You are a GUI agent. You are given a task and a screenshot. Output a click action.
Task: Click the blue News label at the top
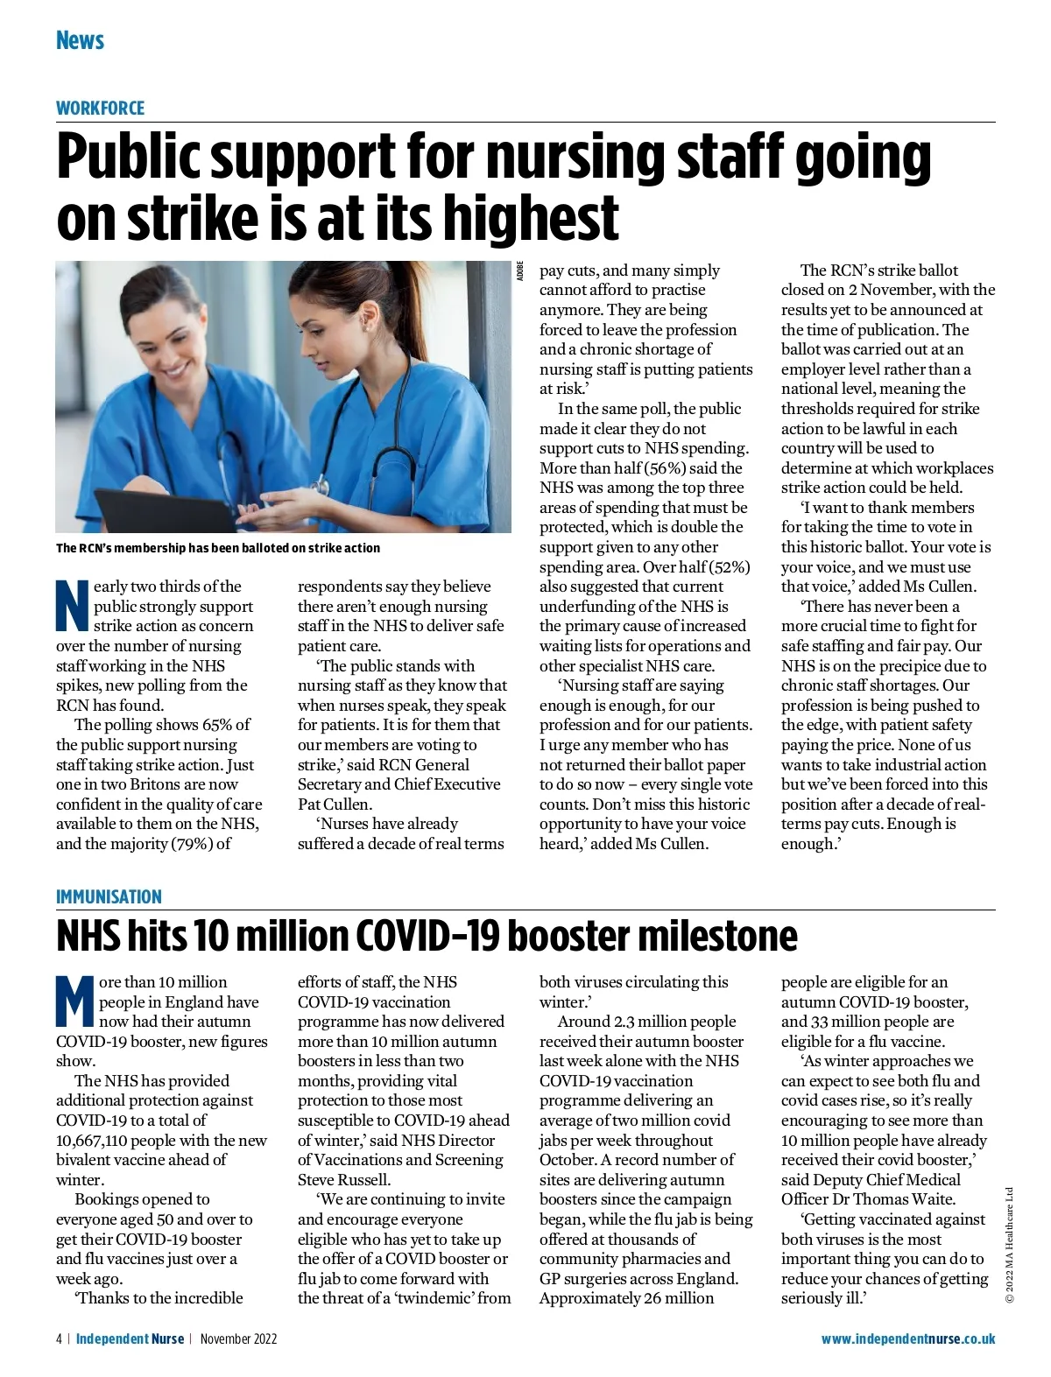80,40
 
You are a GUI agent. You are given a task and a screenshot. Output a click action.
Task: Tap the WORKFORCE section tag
100,109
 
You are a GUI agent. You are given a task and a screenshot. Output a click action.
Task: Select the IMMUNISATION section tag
109,896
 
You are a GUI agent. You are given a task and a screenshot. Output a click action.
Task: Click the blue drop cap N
73,605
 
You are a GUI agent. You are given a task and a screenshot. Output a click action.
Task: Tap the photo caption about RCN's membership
218,548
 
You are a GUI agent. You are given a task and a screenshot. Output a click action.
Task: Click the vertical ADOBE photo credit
520,270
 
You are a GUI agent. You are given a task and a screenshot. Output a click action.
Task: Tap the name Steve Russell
344,1179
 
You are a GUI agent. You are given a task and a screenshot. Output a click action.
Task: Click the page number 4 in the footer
59,1338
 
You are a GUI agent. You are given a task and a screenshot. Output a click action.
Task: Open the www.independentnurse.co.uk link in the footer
907,1338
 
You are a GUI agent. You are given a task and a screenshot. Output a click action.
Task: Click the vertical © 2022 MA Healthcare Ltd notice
1009,1244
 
